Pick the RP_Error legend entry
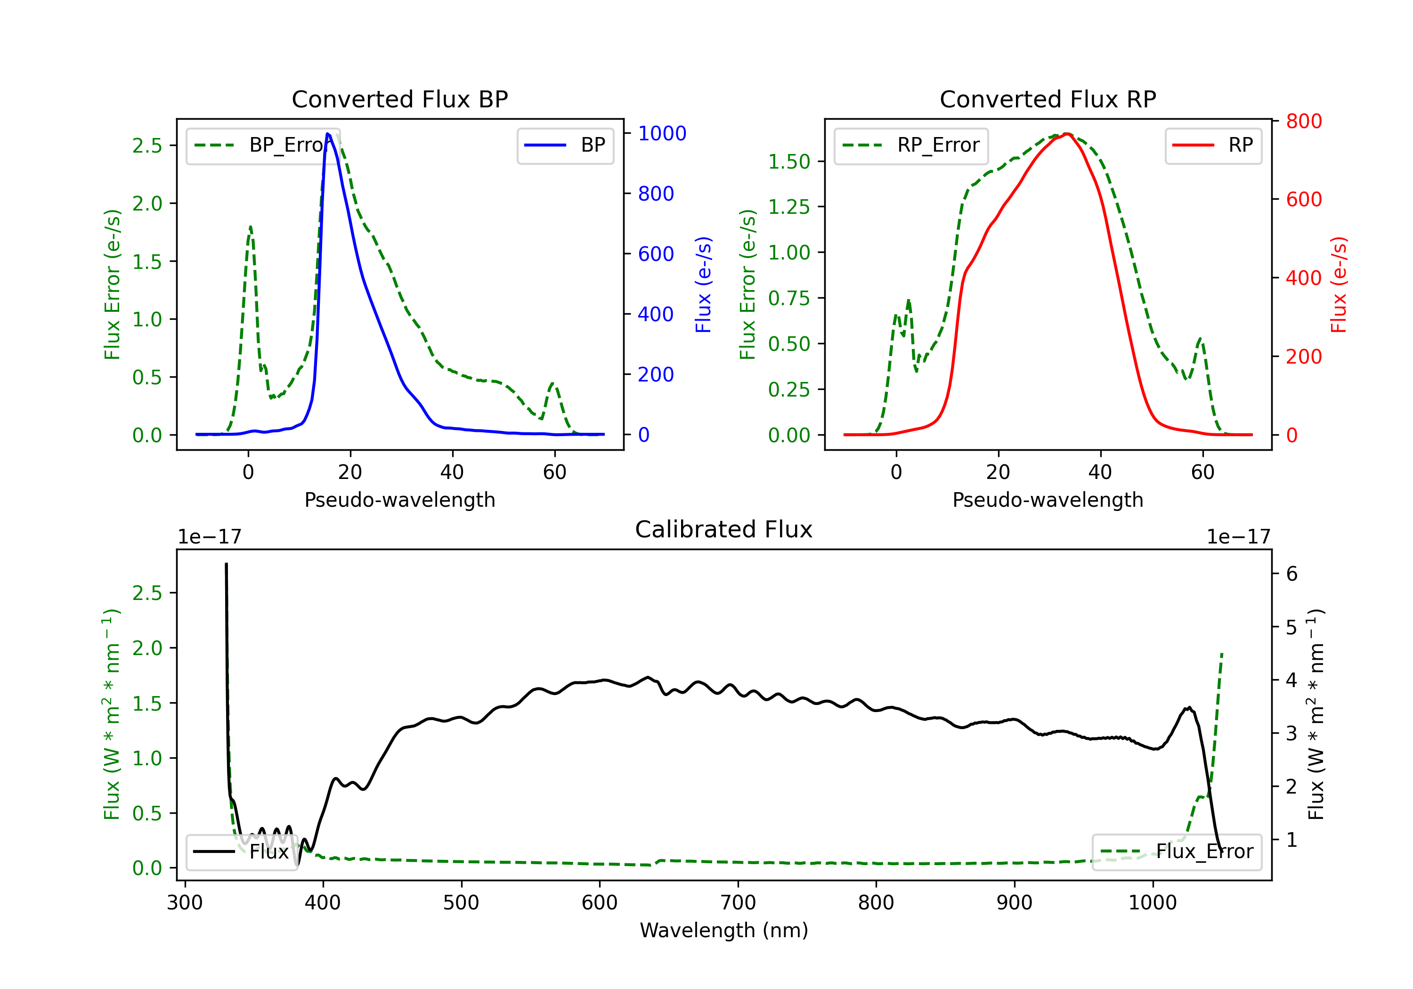point(911,145)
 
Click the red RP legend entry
point(1213,145)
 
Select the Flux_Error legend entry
point(1177,852)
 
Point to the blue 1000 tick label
point(662,134)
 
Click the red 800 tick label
point(1303,121)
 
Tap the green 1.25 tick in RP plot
point(789,207)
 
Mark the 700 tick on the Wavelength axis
point(738,903)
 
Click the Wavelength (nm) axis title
point(724,931)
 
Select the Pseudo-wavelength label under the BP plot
point(399,500)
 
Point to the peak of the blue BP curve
point(327,134)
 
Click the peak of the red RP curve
point(1067,134)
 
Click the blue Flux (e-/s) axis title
point(703,285)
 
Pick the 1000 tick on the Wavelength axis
point(1152,903)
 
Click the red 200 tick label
point(1303,357)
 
